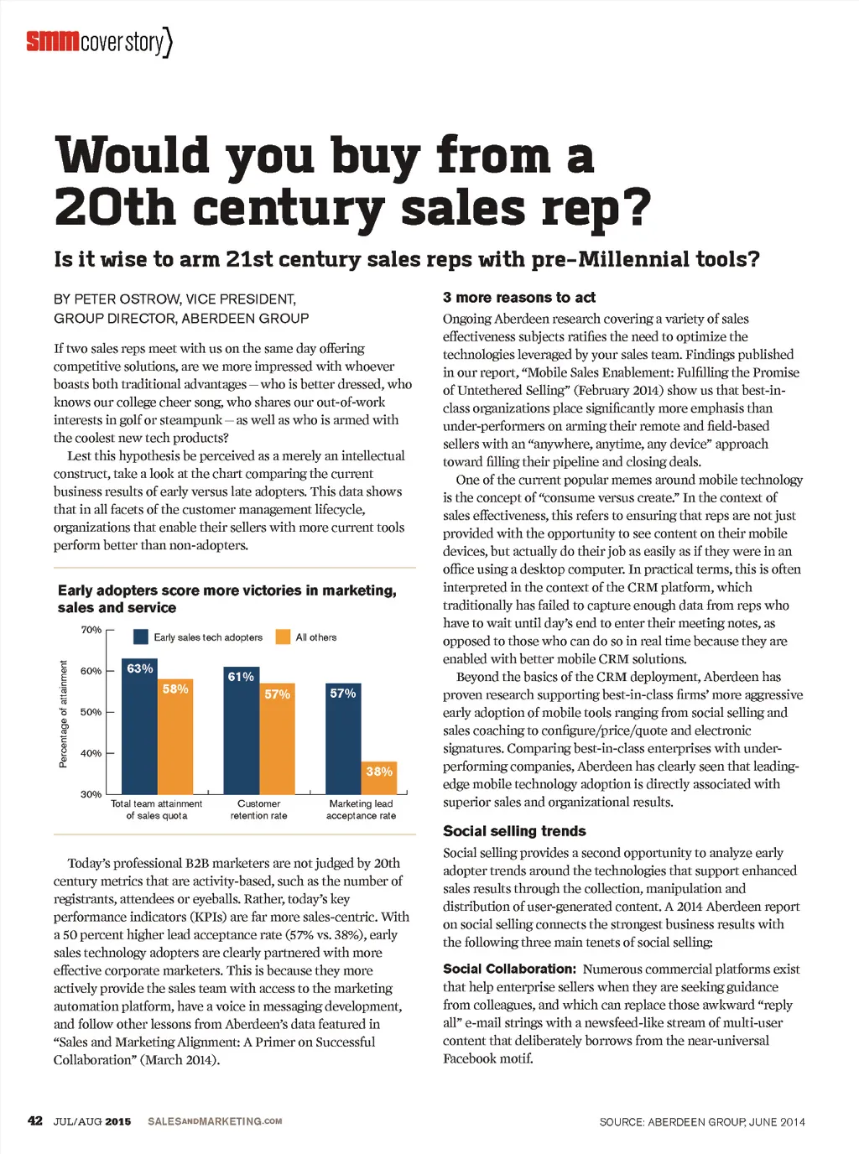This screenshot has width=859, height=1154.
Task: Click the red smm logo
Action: point(52,40)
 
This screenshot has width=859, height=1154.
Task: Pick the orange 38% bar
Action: point(379,777)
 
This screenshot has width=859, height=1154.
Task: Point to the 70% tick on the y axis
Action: point(91,630)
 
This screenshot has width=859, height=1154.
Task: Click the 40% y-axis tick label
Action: point(91,753)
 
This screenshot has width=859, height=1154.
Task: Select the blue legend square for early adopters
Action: point(141,637)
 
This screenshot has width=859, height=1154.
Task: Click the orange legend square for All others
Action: point(283,637)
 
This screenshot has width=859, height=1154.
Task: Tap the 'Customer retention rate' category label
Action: point(258,809)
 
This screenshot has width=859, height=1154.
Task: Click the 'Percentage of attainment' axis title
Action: point(63,714)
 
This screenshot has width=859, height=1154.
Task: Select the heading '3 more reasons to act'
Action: point(518,298)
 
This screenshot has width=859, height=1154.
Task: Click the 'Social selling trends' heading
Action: point(514,831)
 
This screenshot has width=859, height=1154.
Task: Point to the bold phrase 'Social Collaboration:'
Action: point(509,969)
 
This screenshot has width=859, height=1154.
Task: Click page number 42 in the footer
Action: point(35,1121)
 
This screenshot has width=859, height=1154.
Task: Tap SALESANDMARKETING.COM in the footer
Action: point(215,1121)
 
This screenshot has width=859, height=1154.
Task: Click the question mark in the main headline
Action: point(638,208)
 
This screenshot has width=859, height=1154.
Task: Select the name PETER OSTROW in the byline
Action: point(127,299)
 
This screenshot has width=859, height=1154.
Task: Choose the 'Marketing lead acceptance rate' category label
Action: point(361,809)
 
